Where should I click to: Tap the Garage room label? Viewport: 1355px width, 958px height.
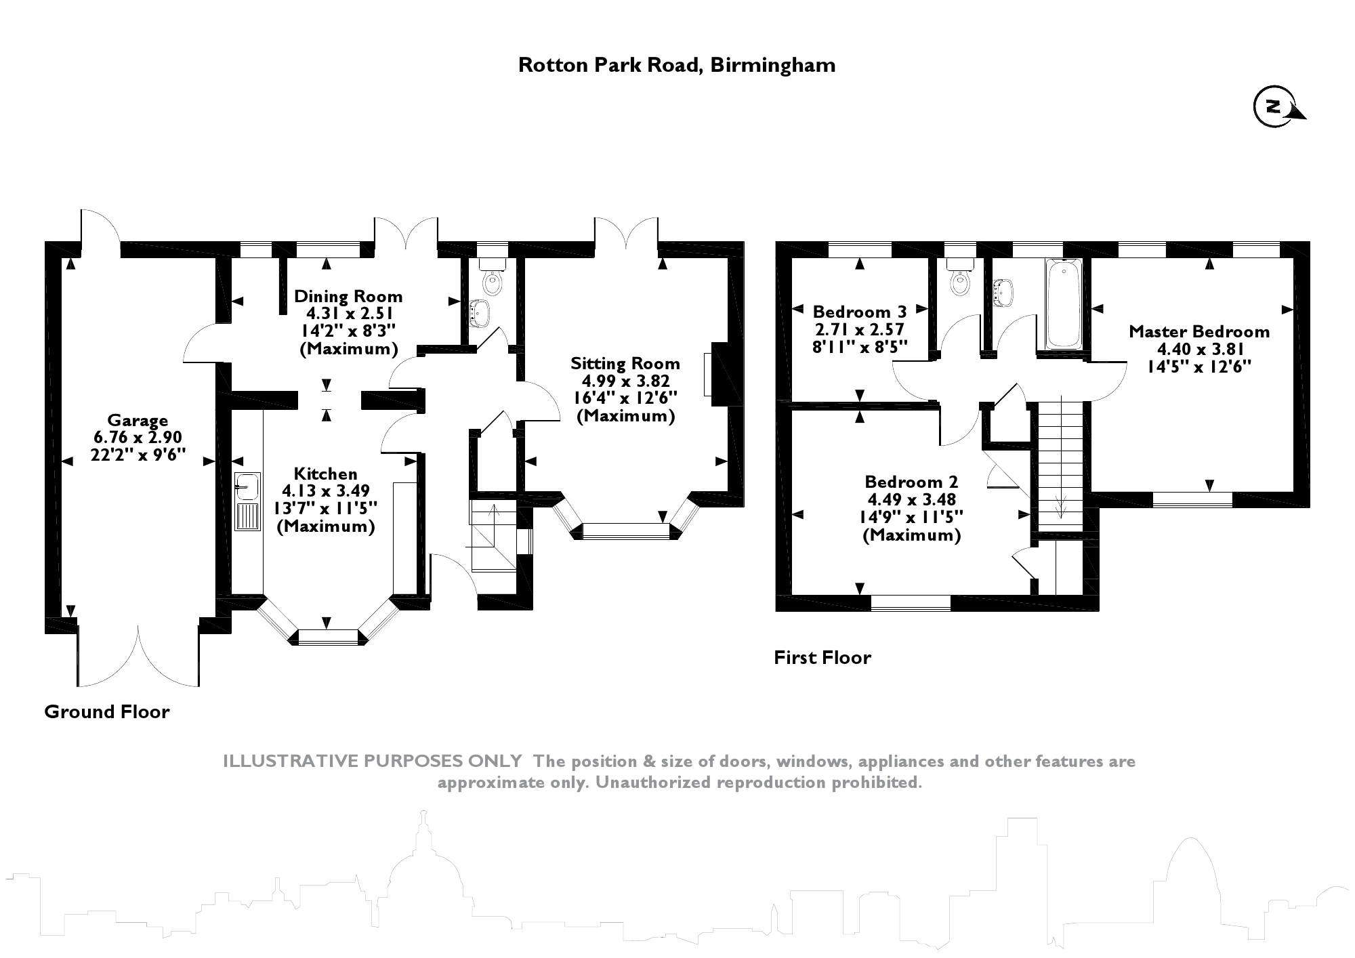pyautogui.click(x=138, y=421)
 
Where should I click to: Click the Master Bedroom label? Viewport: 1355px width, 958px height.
pyautogui.click(x=1198, y=332)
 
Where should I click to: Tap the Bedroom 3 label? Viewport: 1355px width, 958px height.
pyautogui.click(x=859, y=312)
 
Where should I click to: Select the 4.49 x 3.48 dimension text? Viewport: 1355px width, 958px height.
pyautogui.click(x=912, y=500)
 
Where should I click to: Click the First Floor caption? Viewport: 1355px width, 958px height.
pyautogui.click(x=822, y=658)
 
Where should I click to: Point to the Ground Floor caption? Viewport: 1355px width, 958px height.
pyautogui.click(x=106, y=712)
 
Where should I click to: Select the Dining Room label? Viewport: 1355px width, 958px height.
pyautogui.click(x=348, y=297)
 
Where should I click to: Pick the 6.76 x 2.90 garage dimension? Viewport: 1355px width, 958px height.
pyautogui.click(x=138, y=438)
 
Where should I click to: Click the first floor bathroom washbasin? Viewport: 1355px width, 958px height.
pyautogui.click(x=1003, y=292)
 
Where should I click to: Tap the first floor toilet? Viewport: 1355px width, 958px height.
pyautogui.click(x=959, y=279)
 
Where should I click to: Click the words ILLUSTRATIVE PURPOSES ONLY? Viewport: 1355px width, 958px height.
pyautogui.click(x=373, y=762)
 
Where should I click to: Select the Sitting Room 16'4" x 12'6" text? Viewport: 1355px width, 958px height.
pyautogui.click(x=625, y=398)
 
